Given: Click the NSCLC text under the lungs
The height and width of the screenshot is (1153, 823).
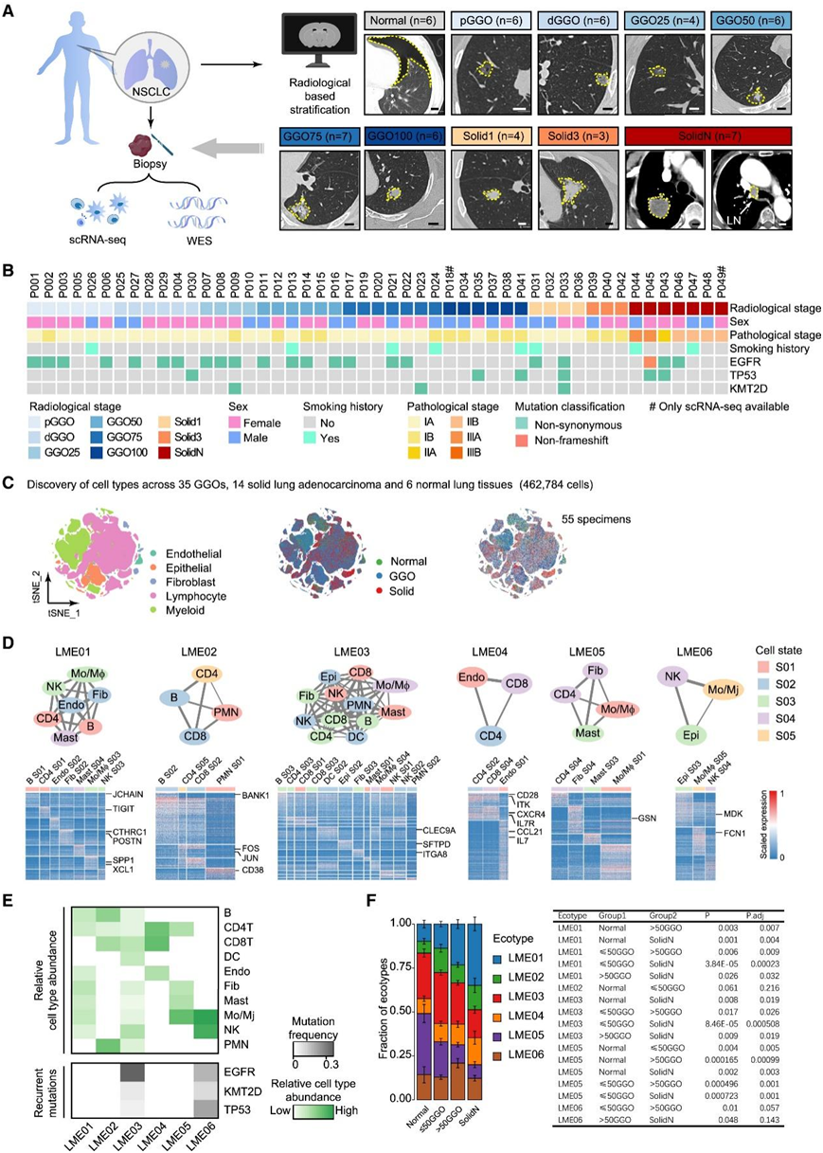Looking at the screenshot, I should point(155,94).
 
